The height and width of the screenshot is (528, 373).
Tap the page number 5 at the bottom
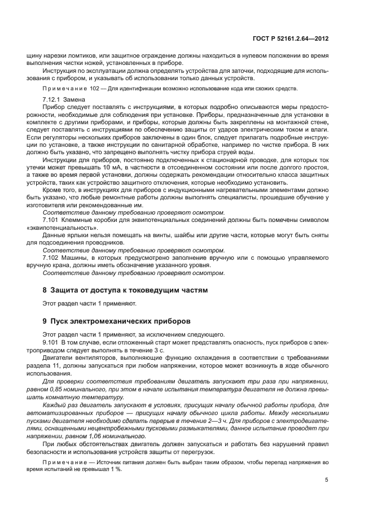326,480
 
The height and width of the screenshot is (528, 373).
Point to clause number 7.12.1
52,99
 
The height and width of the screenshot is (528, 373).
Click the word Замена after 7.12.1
75,99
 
